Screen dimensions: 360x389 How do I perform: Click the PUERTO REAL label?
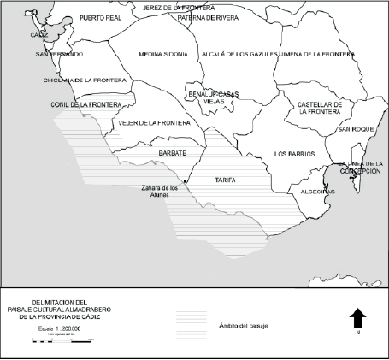101,17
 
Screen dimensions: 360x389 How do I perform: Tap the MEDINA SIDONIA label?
162,55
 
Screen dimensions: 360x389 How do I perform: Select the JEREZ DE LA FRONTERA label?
173,7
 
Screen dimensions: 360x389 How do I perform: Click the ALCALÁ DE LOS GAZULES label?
239,54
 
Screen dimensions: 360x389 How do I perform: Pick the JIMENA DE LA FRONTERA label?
317,54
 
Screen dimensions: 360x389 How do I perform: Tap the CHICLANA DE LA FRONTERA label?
85,80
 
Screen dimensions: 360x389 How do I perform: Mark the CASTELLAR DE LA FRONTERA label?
320,108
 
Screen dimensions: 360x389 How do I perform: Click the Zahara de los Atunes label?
162,192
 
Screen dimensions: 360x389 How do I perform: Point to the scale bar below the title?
60,340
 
